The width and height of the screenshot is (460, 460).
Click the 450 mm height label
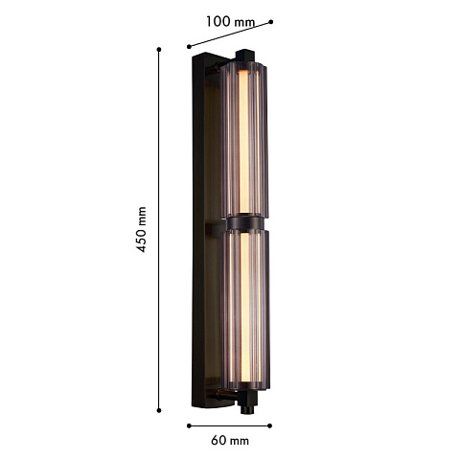141,229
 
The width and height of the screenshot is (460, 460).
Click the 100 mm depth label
230,22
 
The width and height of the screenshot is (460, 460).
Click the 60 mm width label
230,441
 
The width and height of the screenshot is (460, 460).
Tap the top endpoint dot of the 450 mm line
159,49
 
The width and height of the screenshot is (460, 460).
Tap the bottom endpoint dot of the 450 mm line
159,410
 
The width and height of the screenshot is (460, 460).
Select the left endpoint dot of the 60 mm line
189,425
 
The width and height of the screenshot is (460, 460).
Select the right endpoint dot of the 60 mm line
270,425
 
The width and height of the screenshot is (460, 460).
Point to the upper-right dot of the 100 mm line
271,22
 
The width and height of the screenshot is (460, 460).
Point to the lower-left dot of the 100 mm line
189,47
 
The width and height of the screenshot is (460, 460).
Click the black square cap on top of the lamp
245,55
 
